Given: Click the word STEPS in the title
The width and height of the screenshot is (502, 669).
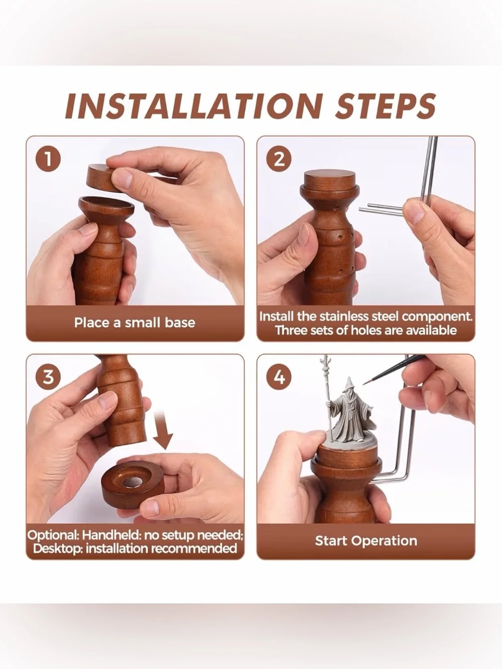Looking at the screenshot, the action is click(386, 106).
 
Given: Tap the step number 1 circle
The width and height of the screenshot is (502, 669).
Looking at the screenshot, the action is click(48, 160).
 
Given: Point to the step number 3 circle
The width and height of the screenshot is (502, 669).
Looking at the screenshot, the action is click(48, 377).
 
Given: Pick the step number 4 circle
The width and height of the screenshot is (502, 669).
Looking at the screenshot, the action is click(279, 377).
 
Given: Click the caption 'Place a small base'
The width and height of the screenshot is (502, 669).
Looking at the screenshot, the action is click(135, 323).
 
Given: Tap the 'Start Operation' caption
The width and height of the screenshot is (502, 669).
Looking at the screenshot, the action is click(366, 541).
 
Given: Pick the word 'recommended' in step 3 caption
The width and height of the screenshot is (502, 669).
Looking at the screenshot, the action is click(194, 549).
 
